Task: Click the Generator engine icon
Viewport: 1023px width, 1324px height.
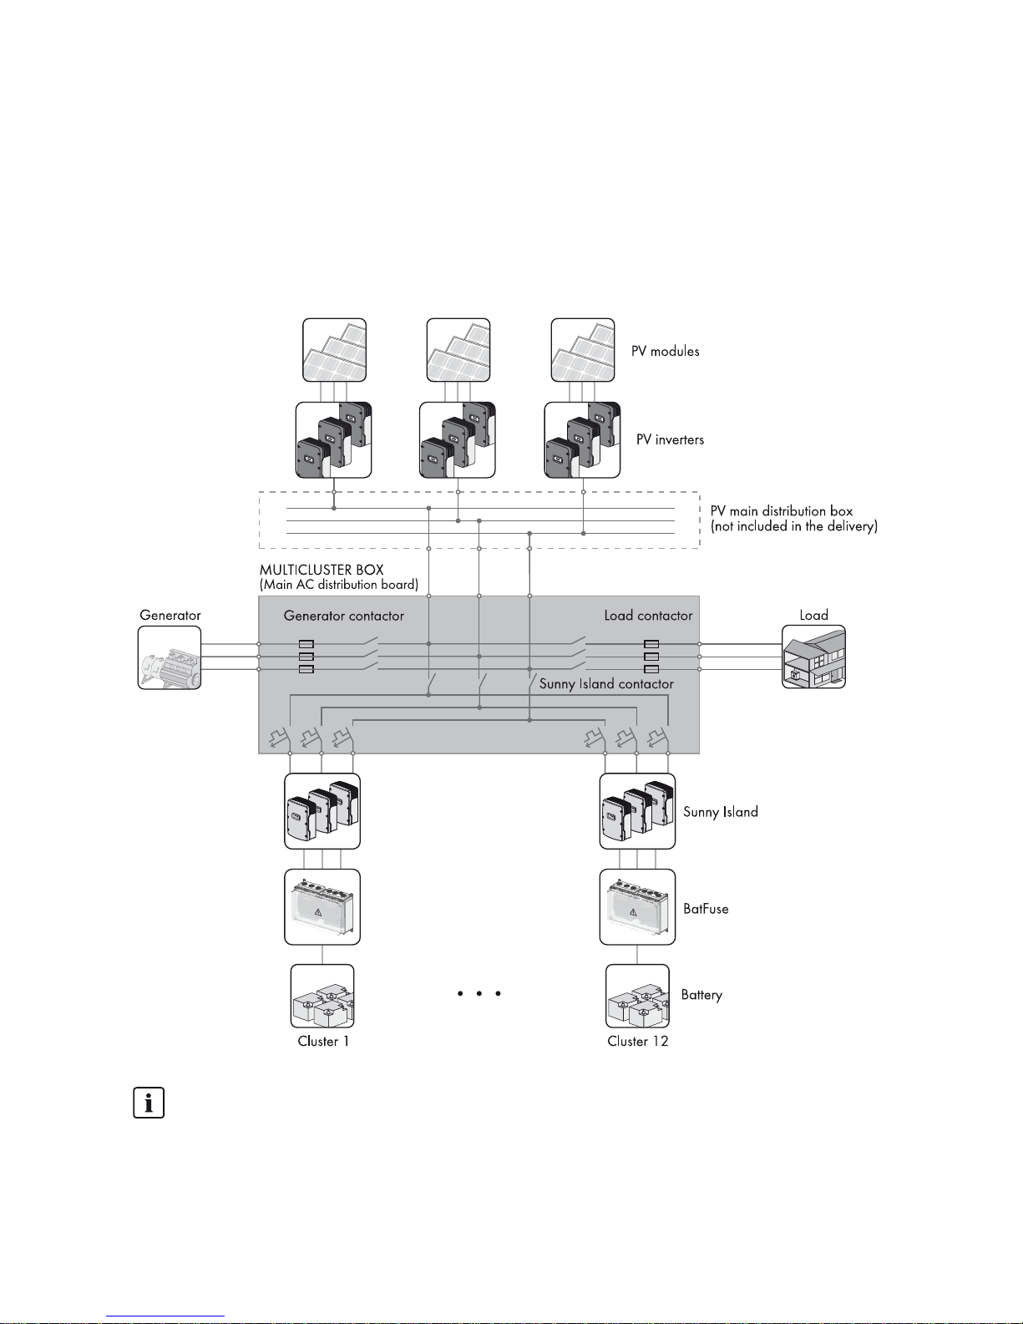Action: coord(170,657)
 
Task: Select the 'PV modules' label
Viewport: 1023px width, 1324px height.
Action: coord(665,352)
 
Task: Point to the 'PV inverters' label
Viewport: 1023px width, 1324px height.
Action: coord(670,440)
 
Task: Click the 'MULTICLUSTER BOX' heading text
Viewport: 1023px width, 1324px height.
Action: coord(322,570)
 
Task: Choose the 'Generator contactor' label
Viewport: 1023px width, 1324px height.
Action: coord(343,616)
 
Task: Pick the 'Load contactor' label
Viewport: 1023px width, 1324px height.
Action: coord(648,616)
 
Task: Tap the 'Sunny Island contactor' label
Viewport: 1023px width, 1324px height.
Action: coord(606,684)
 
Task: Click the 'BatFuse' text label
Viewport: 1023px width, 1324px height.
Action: coord(706,909)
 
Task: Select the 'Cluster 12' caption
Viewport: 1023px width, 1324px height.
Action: coord(638,1041)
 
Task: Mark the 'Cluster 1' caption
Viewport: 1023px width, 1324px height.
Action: coord(323,1041)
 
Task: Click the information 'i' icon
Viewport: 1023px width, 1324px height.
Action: coord(149,1103)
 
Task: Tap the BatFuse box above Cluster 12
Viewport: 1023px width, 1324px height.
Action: coord(637,907)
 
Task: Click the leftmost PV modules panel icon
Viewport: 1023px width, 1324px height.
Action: coord(334,350)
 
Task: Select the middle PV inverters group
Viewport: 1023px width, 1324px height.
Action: coord(457,439)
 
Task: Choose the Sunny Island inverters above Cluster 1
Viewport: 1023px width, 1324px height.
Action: coord(322,811)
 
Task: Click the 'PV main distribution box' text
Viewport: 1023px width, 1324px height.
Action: coord(782,511)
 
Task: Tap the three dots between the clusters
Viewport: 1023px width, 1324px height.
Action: coord(479,994)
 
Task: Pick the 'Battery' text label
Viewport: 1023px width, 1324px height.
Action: coord(701,995)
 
